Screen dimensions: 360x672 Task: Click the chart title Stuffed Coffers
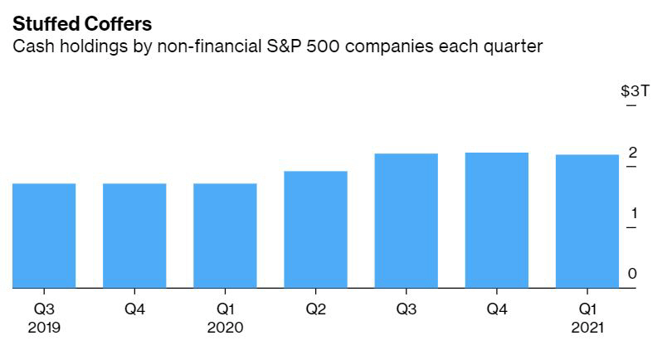click(82, 24)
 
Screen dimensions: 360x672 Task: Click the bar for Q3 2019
click(44, 236)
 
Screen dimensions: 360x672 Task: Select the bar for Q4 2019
click(134, 236)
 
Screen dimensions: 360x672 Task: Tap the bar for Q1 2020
click(225, 236)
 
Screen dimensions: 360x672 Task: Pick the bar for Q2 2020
click(315, 230)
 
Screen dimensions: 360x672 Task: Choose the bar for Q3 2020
click(406, 221)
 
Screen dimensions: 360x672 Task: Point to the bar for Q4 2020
click(497, 220)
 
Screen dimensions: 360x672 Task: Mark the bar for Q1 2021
click(587, 221)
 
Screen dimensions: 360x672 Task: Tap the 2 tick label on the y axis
click(632, 153)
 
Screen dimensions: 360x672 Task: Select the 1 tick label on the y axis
click(632, 213)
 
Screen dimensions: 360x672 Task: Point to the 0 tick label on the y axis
click(632, 274)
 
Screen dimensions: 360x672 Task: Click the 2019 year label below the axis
click(44, 328)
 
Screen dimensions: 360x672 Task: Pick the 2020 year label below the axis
click(225, 328)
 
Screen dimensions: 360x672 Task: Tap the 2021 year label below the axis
click(587, 328)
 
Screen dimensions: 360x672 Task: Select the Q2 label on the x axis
click(315, 309)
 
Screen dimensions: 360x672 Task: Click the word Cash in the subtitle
click(30, 46)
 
